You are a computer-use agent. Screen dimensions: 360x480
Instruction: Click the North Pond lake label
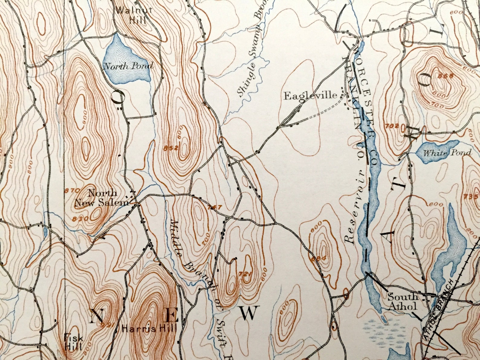pos(128,66)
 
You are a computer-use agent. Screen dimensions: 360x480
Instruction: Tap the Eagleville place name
pos(310,96)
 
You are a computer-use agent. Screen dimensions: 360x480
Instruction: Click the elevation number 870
pos(72,190)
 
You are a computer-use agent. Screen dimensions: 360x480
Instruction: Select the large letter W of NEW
pos(250,313)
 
